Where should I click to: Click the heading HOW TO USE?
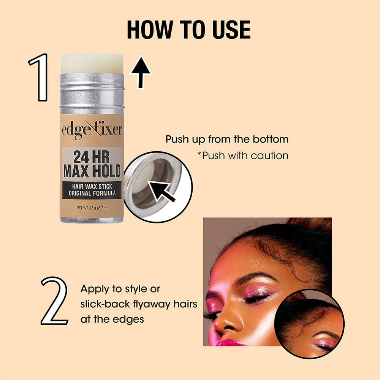point(188,30)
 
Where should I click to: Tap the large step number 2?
point(54,301)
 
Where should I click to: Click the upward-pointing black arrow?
point(141,72)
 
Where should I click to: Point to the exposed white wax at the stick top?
point(92,63)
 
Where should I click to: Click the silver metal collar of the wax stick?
point(92,93)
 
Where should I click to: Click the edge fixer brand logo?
point(92,130)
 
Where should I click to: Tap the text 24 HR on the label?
point(91,157)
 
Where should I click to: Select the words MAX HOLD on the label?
point(92,171)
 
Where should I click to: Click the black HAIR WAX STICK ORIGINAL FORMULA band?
point(92,190)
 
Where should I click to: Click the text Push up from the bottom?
point(227,139)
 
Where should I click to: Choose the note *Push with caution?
point(243,155)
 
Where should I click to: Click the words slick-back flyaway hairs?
point(139,304)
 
